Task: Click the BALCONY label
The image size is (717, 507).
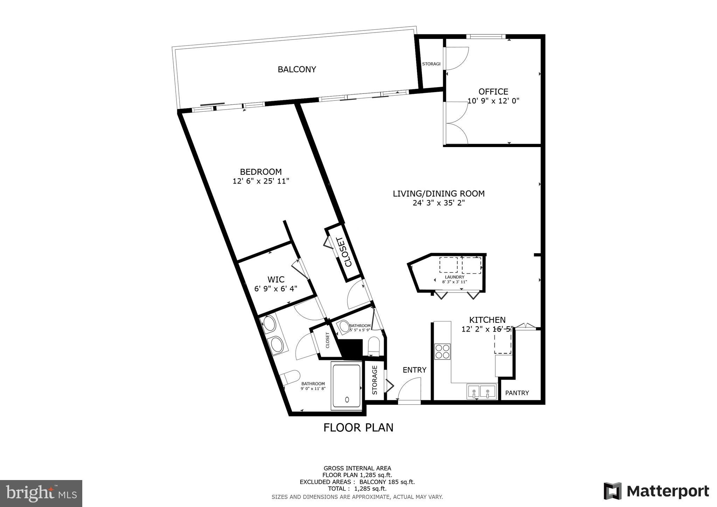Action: pyautogui.click(x=297, y=69)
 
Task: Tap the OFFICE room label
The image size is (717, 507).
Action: pyautogui.click(x=493, y=92)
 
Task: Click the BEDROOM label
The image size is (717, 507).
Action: pyautogui.click(x=260, y=172)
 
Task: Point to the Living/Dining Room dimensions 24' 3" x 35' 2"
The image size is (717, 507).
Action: pyautogui.click(x=438, y=203)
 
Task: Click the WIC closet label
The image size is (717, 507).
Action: pyautogui.click(x=276, y=279)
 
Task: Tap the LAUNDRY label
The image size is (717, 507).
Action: pyautogui.click(x=454, y=277)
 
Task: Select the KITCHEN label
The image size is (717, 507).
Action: pyautogui.click(x=487, y=320)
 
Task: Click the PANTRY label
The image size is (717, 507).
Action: pyautogui.click(x=517, y=393)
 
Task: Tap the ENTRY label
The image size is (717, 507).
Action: pyautogui.click(x=414, y=370)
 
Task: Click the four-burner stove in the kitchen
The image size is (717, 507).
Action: pyautogui.click(x=442, y=351)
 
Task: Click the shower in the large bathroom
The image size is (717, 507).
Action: pyautogui.click(x=347, y=387)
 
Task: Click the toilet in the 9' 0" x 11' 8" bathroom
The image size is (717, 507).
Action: pyautogui.click(x=290, y=378)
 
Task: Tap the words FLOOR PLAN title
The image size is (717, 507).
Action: pyautogui.click(x=358, y=428)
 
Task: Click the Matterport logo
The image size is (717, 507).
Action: pyautogui.click(x=656, y=491)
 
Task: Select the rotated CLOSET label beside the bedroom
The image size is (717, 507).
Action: pyautogui.click(x=344, y=252)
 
